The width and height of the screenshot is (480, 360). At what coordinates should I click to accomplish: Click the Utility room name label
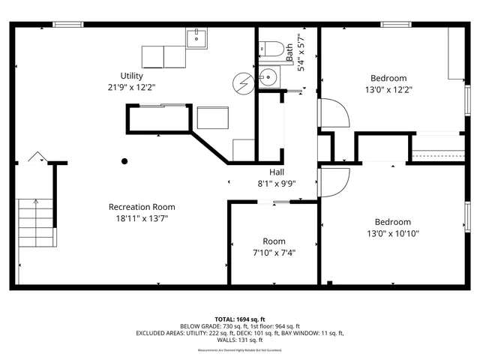[x=132, y=76]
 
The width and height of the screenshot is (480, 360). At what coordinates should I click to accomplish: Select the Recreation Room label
[x=142, y=207]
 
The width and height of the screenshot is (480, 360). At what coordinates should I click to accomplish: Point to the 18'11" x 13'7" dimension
[x=142, y=219]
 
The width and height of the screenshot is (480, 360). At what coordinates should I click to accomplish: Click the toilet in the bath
[x=271, y=49]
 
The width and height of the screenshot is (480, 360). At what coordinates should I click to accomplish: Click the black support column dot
[x=124, y=160]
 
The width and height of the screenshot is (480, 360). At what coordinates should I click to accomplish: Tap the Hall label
[x=267, y=170]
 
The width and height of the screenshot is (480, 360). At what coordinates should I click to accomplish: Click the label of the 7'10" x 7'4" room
[x=274, y=241]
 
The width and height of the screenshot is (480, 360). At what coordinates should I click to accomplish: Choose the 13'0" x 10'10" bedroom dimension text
[x=393, y=234]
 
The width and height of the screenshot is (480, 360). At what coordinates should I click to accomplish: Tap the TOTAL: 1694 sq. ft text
[x=240, y=319]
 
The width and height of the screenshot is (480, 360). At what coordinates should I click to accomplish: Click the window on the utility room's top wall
[x=67, y=25]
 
